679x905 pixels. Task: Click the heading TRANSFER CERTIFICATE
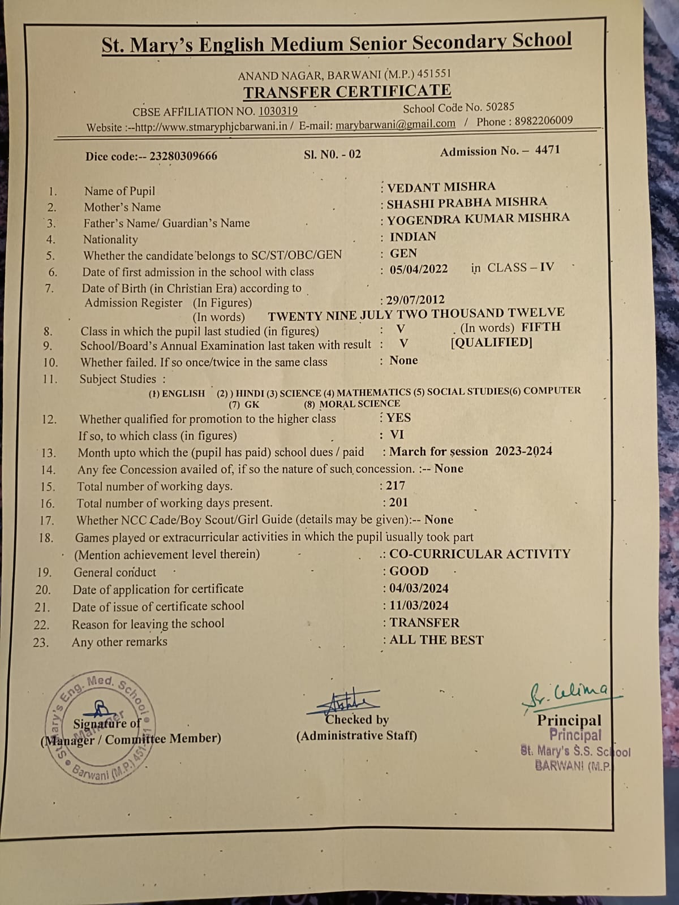(x=347, y=92)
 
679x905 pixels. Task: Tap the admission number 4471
(x=547, y=150)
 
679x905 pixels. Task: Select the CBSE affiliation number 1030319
(x=278, y=111)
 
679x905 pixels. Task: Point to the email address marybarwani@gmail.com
(x=395, y=124)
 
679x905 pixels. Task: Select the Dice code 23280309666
(x=183, y=156)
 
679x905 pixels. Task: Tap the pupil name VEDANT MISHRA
(x=441, y=187)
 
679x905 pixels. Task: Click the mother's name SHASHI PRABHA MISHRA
(x=467, y=202)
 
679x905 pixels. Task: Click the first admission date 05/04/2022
(x=419, y=269)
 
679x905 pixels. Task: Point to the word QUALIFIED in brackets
(x=491, y=343)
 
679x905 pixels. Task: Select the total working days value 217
(x=396, y=485)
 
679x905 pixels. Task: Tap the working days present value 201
(x=398, y=502)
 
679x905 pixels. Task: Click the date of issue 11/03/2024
(x=419, y=605)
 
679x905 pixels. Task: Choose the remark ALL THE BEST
(x=436, y=640)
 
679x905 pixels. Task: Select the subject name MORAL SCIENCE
(x=359, y=404)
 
